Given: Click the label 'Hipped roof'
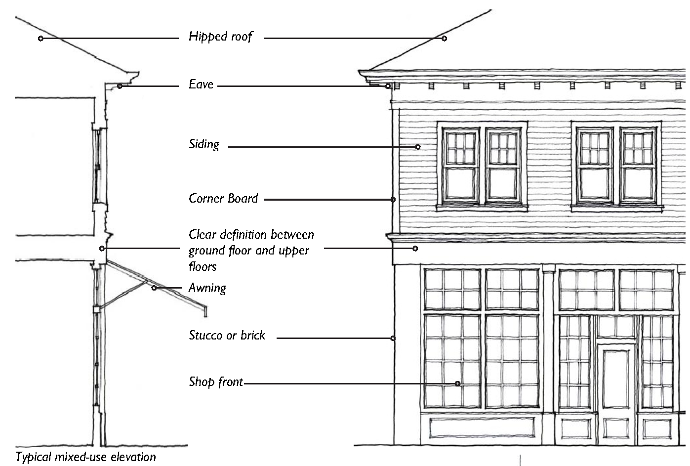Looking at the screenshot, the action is click(220, 37).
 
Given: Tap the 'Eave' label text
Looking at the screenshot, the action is click(201, 85).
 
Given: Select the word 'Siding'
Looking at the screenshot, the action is click(204, 145).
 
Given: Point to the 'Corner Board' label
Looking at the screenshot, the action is click(223, 199).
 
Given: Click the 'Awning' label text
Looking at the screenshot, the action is click(207, 288).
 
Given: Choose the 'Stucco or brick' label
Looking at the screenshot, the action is click(227, 336).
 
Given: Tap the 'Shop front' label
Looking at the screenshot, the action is click(216, 381).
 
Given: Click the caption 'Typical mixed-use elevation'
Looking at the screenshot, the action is click(86, 457).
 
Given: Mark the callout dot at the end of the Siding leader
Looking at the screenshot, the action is click(418, 147).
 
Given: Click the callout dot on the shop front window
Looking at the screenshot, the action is click(458, 383).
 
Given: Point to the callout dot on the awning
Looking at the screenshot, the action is click(154, 288).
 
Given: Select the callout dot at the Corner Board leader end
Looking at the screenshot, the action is click(393, 200).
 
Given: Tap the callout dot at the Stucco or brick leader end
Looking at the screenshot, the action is click(393, 339).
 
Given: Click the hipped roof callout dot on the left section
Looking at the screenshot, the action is click(41, 38).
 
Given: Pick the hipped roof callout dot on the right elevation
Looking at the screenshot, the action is click(444, 38).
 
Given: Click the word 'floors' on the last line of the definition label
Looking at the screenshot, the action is click(203, 267).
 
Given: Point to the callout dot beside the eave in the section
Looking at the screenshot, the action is click(120, 86).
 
